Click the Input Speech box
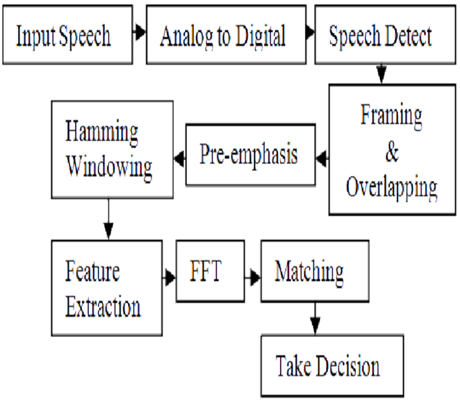pyautogui.click(x=67, y=35)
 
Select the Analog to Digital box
pyautogui.click(x=226, y=35)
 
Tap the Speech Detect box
pyautogui.click(x=385, y=35)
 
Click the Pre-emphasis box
pyautogui.click(x=251, y=155)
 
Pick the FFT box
pyautogui.click(x=210, y=271)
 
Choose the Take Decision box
pyautogui.click(x=332, y=366)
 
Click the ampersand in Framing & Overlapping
pyautogui.click(x=392, y=152)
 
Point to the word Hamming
pyautogui.click(x=101, y=133)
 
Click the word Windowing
pyautogui.click(x=109, y=168)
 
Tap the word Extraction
pyautogui.click(x=103, y=307)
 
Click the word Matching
pyautogui.click(x=309, y=273)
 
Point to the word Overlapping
pyautogui.click(x=392, y=188)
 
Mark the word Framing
pyautogui.click(x=391, y=116)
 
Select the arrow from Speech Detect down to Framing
pyautogui.click(x=382, y=73)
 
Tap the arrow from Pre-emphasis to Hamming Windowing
pyautogui.click(x=179, y=159)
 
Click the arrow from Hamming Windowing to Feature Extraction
pyautogui.click(x=108, y=219)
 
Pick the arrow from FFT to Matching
pyautogui.click(x=253, y=277)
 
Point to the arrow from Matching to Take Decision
pyautogui.click(x=315, y=318)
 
